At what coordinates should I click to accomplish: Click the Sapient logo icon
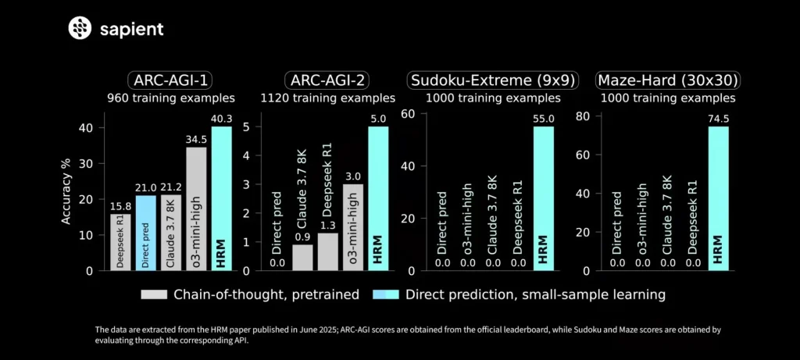coord(80,30)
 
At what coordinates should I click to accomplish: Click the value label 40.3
coord(221,119)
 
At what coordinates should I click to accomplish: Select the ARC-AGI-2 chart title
coord(327,80)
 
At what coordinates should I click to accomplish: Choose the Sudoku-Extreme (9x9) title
coord(494,80)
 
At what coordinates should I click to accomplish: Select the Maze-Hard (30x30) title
coord(668,80)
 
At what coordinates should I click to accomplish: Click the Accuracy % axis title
coord(67,198)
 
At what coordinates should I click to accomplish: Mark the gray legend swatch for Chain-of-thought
coord(155,294)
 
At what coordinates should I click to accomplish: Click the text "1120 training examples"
coord(327,99)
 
